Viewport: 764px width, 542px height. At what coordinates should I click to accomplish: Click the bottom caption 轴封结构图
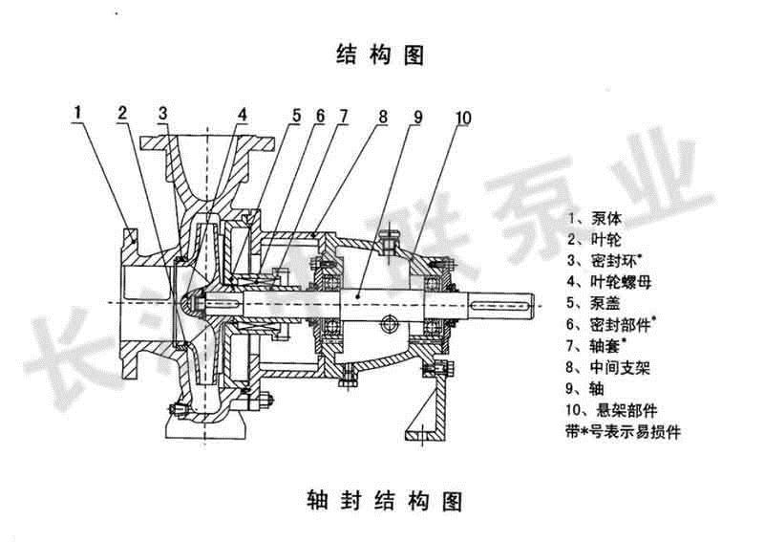tap(380, 500)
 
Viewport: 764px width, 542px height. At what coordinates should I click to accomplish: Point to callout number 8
tap(382, 118)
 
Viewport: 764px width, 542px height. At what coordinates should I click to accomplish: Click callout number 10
tap(462, 118)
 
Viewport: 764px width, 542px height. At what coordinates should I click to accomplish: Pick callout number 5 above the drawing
tap(296, 116)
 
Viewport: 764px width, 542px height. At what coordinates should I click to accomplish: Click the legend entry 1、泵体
tap(587, 217)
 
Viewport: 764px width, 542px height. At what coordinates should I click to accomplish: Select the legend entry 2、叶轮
tap(587, 238)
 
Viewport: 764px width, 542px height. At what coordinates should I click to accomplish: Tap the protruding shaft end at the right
tap(507, 305)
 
